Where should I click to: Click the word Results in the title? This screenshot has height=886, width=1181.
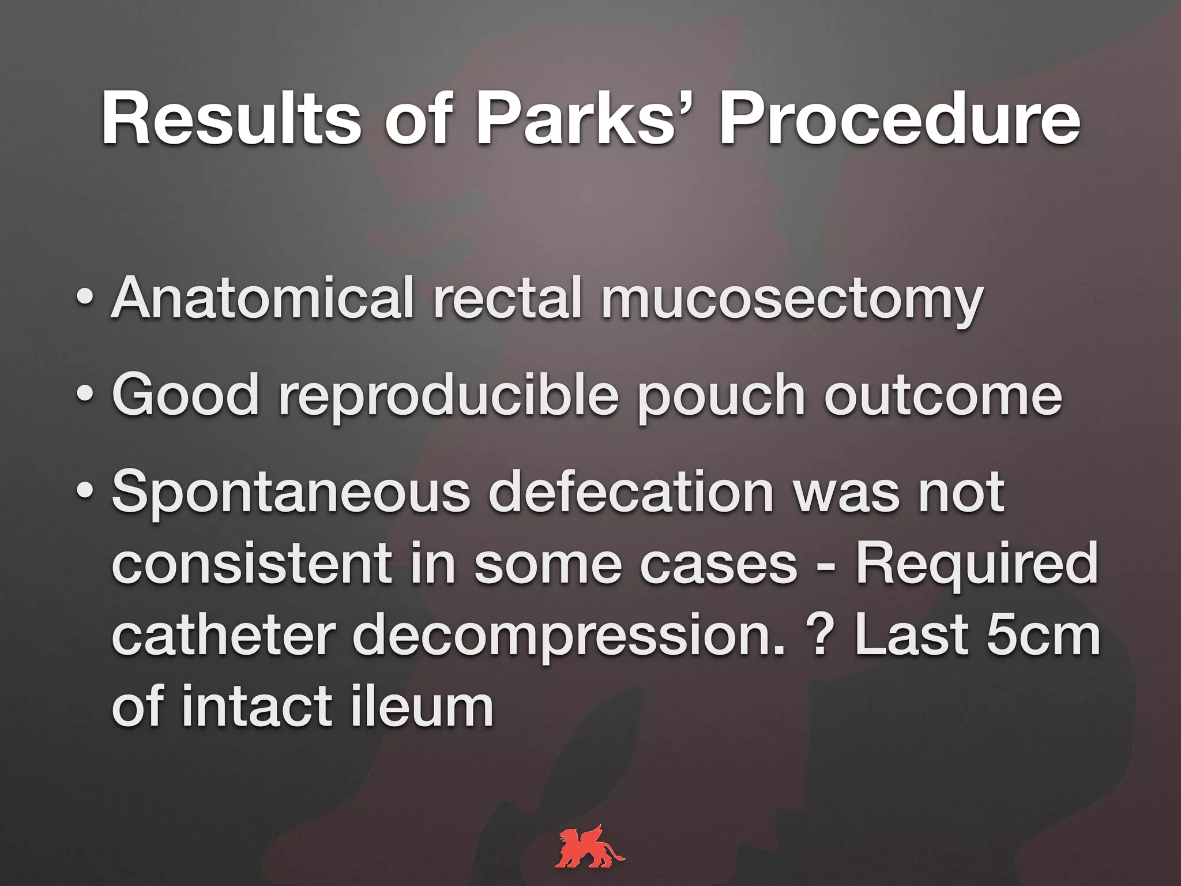pos(231,120)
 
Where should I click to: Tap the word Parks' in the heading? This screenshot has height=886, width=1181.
pos(582,120)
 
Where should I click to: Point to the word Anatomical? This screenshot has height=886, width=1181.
pos(262,298)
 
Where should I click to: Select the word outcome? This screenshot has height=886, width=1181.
pos(943,396)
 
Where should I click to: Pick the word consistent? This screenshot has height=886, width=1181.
pos(251,564)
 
